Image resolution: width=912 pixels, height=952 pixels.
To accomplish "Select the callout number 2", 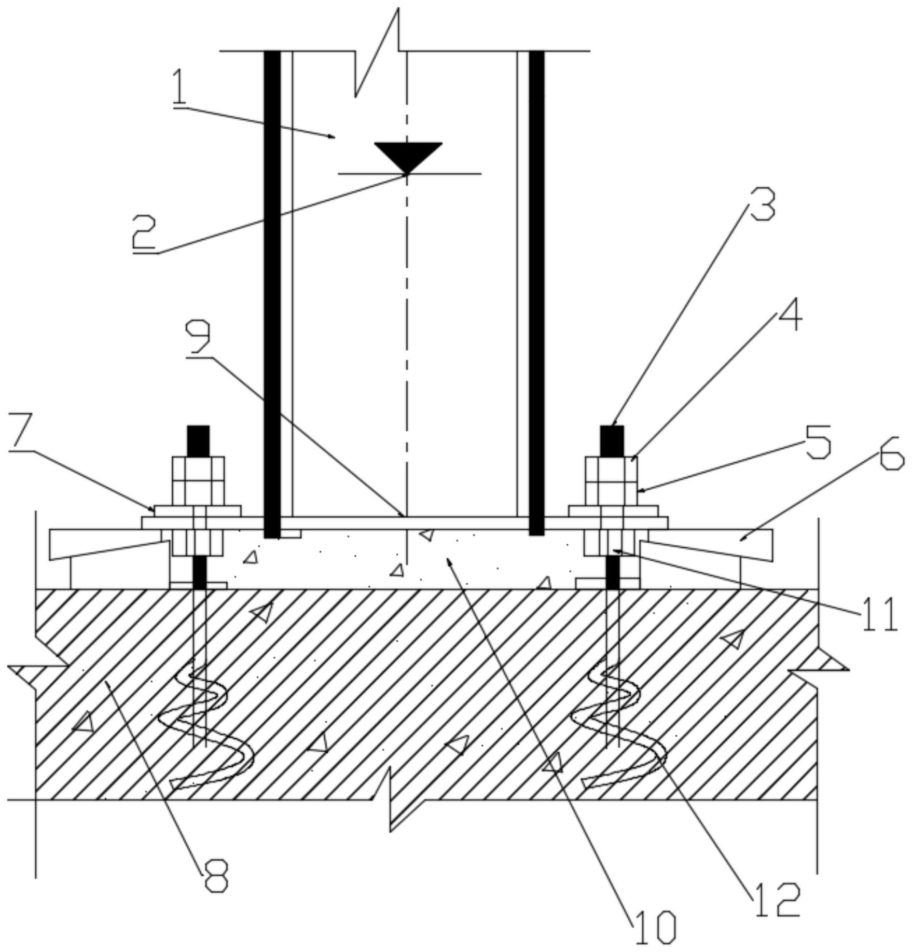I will point(144,233).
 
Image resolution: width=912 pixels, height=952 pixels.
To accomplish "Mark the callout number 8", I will point(215,876).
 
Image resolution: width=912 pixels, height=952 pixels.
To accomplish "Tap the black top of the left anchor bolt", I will point(198,440).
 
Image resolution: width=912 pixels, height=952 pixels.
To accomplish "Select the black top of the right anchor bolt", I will point(612,440).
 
